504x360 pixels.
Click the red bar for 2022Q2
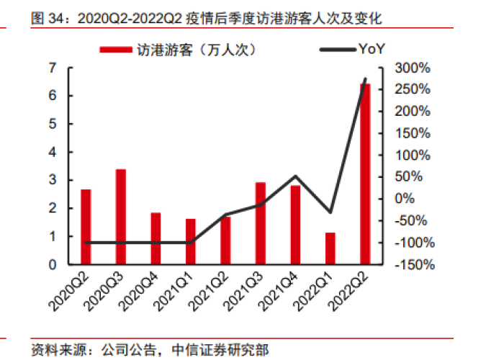pos(365,174)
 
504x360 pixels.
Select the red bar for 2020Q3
pos(121,217)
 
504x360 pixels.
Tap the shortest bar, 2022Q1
pos(330,248)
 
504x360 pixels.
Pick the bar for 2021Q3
pos(261,223)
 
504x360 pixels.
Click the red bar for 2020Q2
pos(86,227)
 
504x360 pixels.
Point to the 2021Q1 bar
pos(191,241)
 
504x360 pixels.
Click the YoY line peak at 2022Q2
pos(365,78)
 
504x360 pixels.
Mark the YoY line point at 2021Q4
pos(295,176)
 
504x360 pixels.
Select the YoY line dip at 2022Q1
pos(330,212)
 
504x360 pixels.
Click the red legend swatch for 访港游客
pos(114,50)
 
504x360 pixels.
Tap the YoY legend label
pos(372,50)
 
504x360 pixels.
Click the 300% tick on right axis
pos(414,68)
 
